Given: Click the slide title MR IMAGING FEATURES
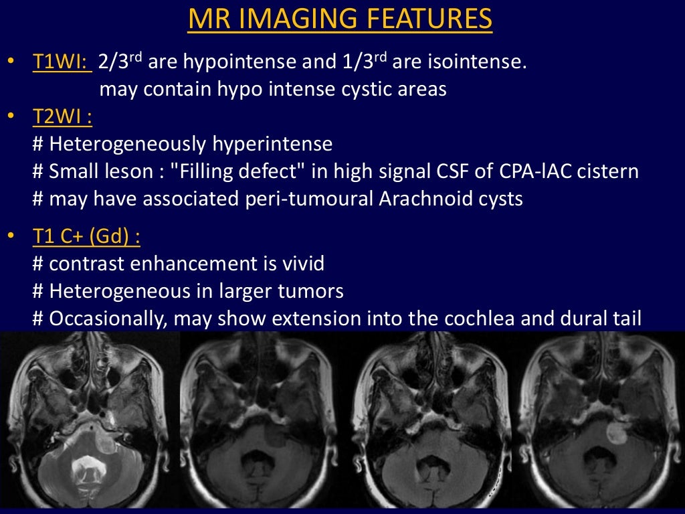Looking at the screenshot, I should (340, 19).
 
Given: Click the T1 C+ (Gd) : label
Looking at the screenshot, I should (86, 237).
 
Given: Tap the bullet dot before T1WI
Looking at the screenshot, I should (10, 63).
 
